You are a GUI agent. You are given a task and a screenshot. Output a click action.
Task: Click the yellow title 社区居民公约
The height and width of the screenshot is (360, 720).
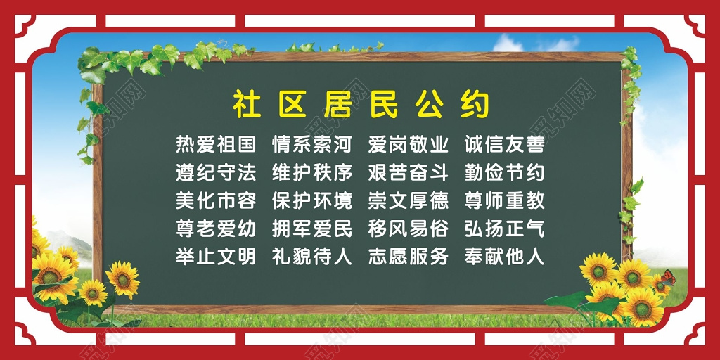click(x=360, y=105)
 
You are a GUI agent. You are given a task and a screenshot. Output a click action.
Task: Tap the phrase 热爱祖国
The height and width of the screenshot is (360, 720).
click(x=215, y=145)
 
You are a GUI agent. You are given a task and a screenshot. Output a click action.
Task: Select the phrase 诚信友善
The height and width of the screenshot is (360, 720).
click(x=504, y=145)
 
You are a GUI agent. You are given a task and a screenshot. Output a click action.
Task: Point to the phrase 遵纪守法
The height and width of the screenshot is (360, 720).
click(x=215, y=172)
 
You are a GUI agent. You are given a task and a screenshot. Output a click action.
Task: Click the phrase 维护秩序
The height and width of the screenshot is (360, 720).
click(x=311, y=172)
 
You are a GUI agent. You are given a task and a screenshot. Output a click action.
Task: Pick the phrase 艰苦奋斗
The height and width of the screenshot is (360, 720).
click(x=408, y=172)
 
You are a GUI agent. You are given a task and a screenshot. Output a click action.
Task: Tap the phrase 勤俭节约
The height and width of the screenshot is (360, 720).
click(x=504, y=172)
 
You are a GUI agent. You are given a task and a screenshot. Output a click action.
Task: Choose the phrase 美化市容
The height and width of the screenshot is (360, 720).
click(x=215, y=200)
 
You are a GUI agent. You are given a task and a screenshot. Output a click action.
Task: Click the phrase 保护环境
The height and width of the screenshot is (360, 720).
click(x=311, y=200)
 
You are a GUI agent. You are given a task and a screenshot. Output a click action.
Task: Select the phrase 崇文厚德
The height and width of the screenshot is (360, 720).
click(x=408, y=200)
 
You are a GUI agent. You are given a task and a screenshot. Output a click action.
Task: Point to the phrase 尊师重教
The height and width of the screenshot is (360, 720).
click(x=504, y=200)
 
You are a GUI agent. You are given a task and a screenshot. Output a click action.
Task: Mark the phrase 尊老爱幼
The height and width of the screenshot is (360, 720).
click(x=215, y=229)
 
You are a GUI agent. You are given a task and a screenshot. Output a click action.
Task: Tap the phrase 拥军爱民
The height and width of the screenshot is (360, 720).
click(x=311, y=229)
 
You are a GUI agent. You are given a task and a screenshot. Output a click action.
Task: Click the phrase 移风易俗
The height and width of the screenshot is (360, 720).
click(x=408, y=229)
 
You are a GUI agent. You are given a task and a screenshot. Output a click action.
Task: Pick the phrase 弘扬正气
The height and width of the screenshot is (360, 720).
click(x=504, y=229)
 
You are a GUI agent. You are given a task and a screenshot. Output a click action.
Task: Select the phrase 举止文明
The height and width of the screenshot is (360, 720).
click(x=215, y=257)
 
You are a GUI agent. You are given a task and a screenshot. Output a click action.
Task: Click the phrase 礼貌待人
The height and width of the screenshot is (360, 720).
click(x=311, y=257)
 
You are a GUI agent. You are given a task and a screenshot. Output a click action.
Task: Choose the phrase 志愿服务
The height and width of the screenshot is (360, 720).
click(x=408, y=257)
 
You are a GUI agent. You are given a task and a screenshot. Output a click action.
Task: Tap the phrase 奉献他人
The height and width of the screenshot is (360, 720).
click(x=504, y=257)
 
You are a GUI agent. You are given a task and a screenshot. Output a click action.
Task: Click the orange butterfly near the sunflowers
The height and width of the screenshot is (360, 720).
click(x=667, y=278)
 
